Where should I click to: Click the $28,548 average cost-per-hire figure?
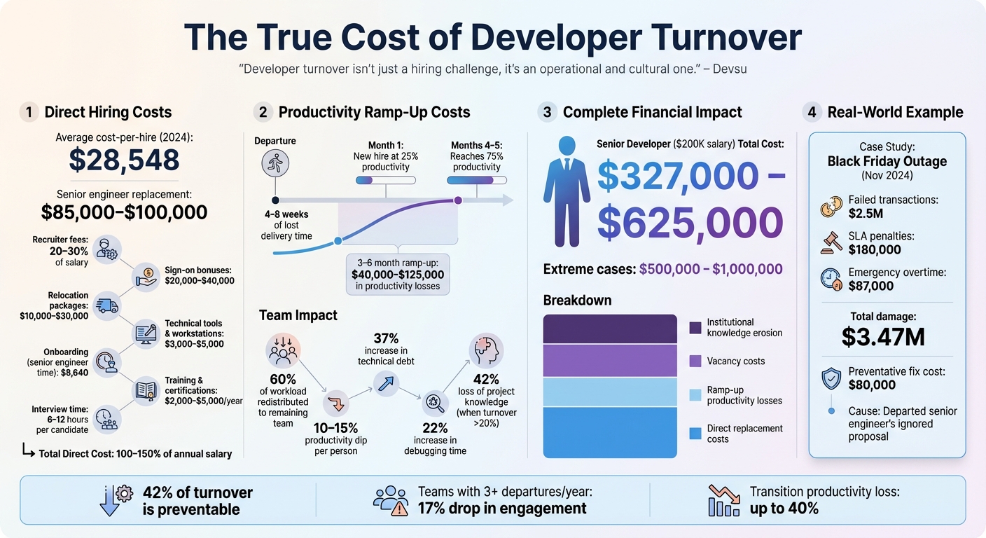[x=124, y=160]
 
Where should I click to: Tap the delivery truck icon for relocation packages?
[x=107, y=306]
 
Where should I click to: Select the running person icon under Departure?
[x=275, y=165]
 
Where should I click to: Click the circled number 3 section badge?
[x=547, y=112]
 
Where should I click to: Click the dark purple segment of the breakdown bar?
[x=610, y=329]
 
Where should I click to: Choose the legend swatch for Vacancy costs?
[x=695, y=361]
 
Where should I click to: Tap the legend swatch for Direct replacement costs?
[x=695, y=434]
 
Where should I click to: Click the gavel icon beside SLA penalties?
[x=831, y=242]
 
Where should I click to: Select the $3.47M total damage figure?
[x=883, y=336]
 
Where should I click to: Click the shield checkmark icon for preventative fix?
[x=831, y=378]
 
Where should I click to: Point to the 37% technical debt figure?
[x=385, y=338]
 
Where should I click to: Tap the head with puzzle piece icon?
[x=485, y=350]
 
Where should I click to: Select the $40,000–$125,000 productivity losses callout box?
[x=398, y=275]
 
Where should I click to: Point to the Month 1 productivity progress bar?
[x=385, y=180]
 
